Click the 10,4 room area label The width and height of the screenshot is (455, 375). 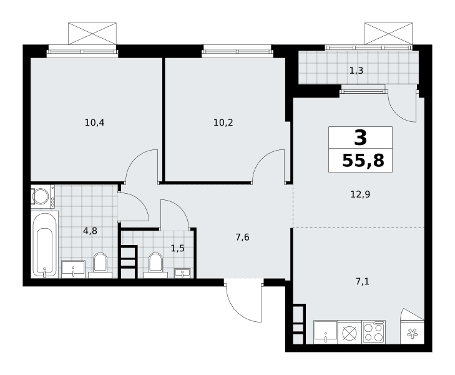[94, 123]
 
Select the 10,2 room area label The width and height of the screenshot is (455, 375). [223, 123]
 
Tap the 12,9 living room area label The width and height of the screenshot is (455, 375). [360, 194]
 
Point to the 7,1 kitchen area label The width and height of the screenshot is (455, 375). [363, 281]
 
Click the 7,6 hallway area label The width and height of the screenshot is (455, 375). [242, 237]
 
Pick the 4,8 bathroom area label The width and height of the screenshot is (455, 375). [90, 231]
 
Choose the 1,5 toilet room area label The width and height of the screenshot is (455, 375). [178, 249]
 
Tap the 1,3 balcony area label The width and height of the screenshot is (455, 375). [356, 71]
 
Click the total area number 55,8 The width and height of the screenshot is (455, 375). [363, 161]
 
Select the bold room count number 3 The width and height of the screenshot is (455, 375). [360, 137]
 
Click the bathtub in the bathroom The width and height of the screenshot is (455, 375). [44, 244]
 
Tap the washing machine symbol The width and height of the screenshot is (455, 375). [42, 196]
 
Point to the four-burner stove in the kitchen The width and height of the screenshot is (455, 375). [374, 332]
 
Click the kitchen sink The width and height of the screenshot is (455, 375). [326, 332]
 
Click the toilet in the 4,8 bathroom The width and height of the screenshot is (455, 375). [100, 265]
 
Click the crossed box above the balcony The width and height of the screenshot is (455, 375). [388, 34]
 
